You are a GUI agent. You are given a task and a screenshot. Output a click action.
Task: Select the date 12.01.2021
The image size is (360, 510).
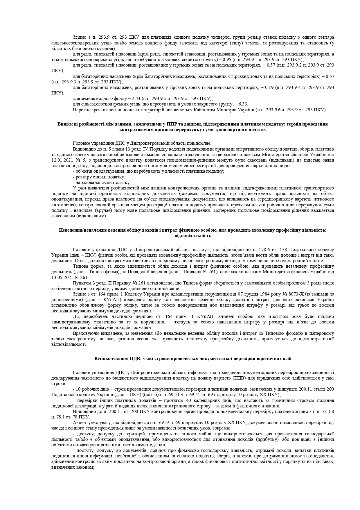tap(61, 160)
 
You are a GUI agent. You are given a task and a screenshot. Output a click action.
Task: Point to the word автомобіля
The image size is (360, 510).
tap(61, 205)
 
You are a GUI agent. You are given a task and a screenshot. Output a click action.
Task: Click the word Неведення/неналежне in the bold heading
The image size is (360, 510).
tap(80, 230)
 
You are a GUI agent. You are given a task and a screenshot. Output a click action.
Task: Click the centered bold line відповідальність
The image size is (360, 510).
tap(192, 236)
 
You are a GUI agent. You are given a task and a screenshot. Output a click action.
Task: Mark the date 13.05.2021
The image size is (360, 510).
tap(61, 278)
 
